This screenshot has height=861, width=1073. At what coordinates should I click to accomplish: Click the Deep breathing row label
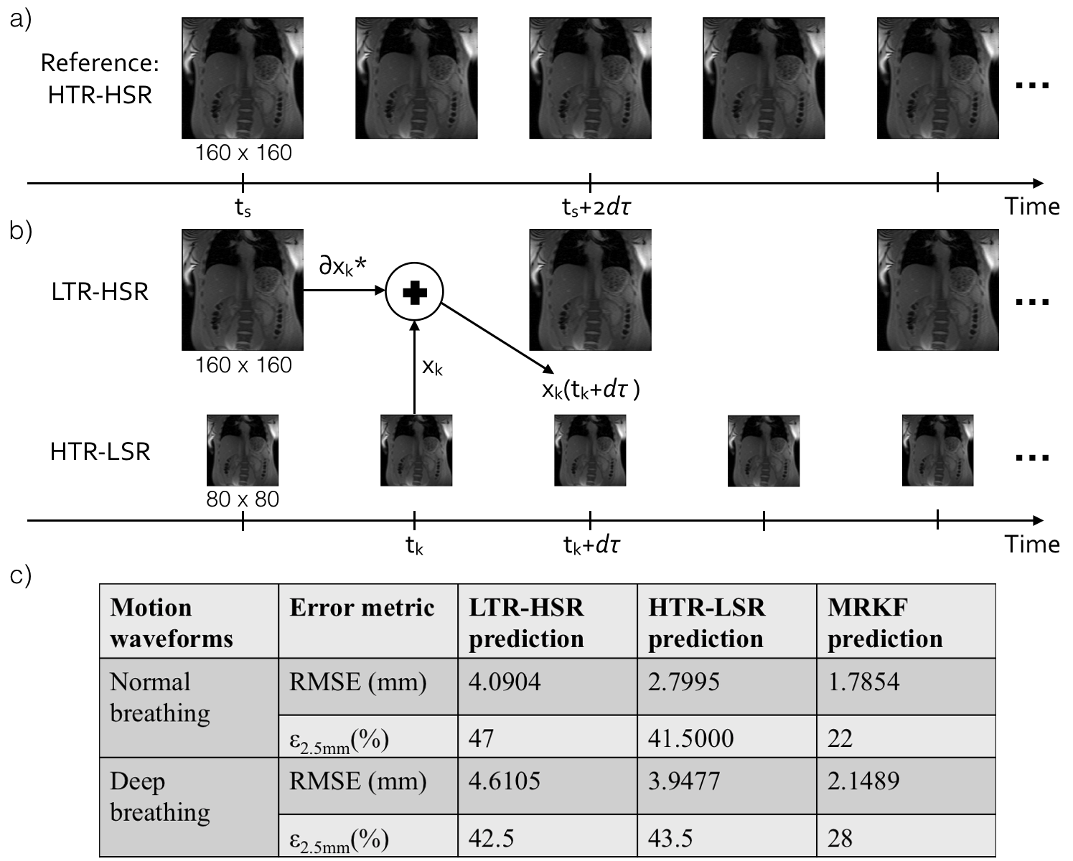159,796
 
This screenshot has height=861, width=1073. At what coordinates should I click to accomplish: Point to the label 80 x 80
243,499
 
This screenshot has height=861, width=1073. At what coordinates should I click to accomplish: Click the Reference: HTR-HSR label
100,79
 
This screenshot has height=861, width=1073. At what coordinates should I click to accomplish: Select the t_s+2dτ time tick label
596,208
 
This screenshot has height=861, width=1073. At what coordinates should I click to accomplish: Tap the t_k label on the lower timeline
414,546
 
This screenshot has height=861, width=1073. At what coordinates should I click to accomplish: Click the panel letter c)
20,576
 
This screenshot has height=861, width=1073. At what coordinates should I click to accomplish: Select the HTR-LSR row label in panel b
100,451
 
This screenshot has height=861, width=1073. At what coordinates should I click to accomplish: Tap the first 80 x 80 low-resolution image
243,450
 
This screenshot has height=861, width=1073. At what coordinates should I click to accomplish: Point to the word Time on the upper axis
1031,207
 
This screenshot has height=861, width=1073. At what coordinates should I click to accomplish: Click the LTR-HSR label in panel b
100,291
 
